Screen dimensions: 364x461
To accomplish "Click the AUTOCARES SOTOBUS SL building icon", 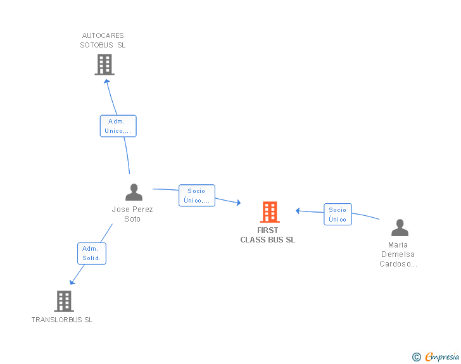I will point(104,65).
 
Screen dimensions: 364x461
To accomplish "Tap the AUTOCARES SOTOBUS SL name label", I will point(103,41).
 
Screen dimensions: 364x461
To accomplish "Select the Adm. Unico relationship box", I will point(118,126).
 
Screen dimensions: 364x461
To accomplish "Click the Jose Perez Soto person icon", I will point(134,192).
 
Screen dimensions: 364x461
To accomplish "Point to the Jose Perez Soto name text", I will point(132,214).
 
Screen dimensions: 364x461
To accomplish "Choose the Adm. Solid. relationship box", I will point(92,254).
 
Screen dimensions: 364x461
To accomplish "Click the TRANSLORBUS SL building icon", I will point(64,301).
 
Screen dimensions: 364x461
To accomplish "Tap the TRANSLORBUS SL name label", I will point(62,320).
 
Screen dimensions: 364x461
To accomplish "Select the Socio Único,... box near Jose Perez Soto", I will point(197,196).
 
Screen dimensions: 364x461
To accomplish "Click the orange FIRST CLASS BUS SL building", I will point(270,212).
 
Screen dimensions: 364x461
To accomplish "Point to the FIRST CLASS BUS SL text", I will point(268,235).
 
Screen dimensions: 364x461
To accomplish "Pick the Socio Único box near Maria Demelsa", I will point(338,215).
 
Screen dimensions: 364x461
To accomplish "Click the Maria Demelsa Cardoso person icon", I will point(400,227).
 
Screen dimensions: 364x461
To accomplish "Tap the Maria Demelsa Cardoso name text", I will point(398,254).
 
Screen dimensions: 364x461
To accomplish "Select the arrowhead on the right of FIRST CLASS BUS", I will point(298,211).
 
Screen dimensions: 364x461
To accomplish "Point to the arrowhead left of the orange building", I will point(238,203).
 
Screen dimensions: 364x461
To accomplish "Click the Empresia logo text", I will point(442,357).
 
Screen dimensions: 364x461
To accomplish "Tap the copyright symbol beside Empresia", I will point(416,357).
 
